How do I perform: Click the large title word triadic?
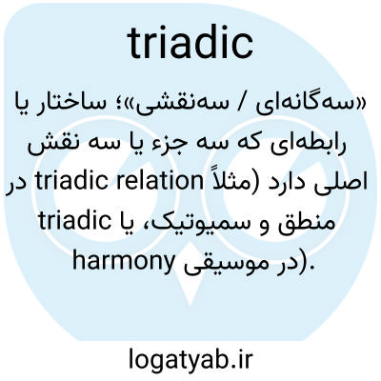(x=190, y=44)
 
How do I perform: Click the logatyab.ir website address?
(x=190, y=358)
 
